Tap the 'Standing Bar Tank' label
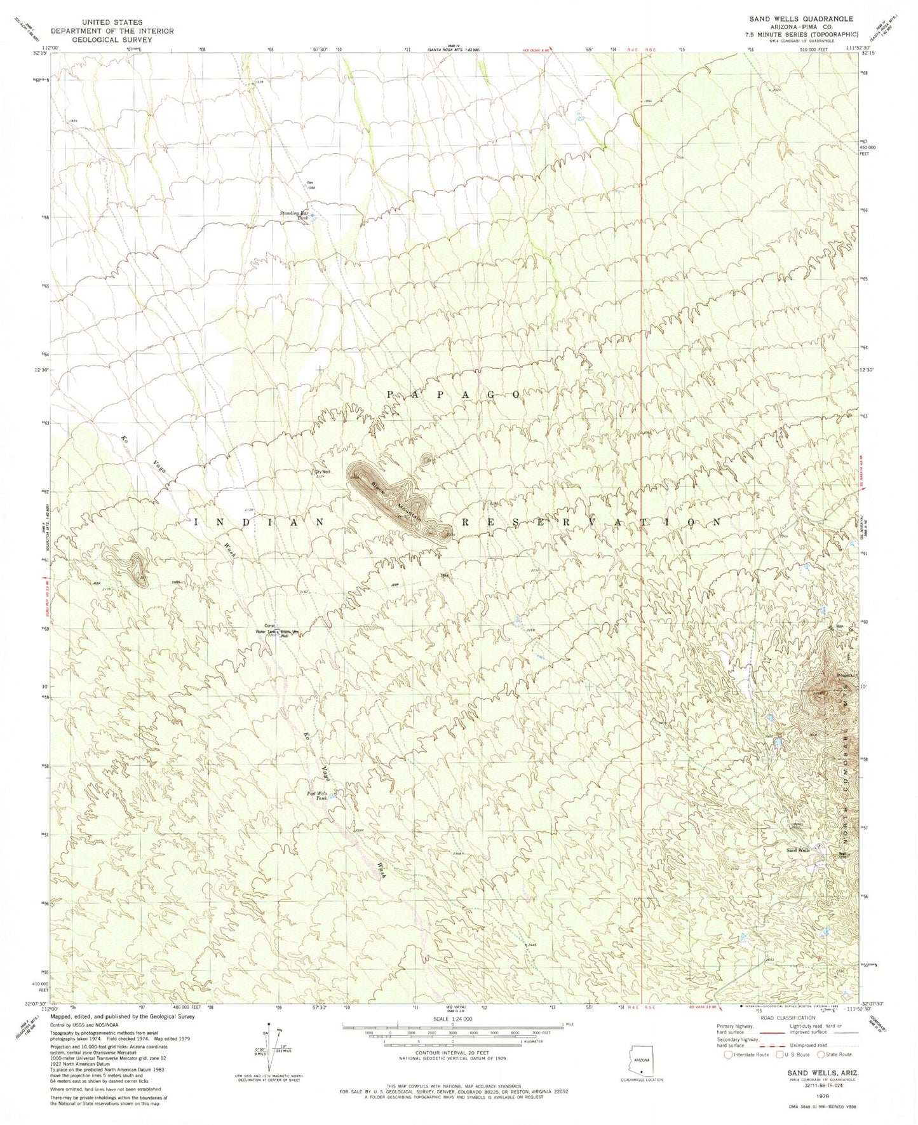click(x=295, y=215)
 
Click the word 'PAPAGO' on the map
click(x=454, y=395)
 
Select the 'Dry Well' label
click(x=323, y=472)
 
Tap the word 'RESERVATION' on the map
click(x=591, y=522)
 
